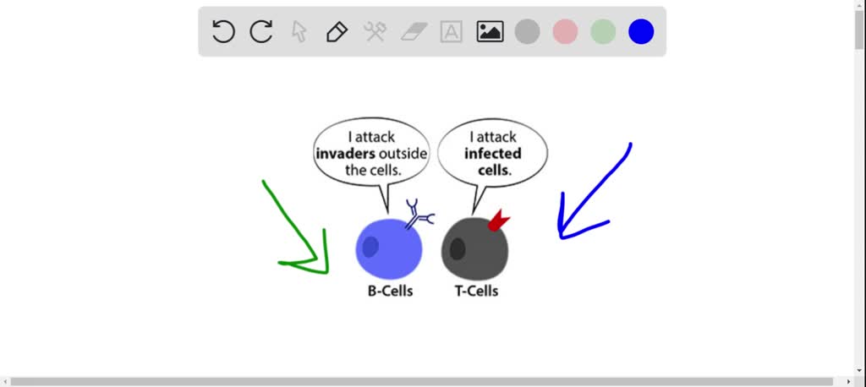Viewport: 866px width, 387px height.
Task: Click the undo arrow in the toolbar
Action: (223, 32)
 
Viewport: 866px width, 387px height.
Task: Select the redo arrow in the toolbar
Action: (261, 32)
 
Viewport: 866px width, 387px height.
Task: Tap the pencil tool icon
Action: (337, 32)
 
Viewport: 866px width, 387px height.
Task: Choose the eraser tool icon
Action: (414, 32)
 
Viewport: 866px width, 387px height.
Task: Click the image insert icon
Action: (490, 32)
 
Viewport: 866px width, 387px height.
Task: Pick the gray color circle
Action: (528, 32)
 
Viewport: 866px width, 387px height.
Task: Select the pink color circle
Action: (565, 32)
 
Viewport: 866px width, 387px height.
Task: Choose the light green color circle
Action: (603, 32)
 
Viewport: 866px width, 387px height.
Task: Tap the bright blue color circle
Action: (641, 32)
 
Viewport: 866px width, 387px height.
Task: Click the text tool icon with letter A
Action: (452, 32)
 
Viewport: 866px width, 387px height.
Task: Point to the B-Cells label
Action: (390, 292)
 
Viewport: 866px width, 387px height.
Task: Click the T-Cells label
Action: (475, 292)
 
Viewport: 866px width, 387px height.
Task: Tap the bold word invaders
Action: (345, 154)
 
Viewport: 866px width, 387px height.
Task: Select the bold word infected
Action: (493, 154)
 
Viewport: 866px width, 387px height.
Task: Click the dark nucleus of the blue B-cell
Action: (370, 247)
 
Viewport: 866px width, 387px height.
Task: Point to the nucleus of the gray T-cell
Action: (458, 249)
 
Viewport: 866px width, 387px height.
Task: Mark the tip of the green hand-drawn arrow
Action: (325, 271)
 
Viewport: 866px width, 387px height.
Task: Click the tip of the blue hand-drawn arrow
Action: (560, 236)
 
